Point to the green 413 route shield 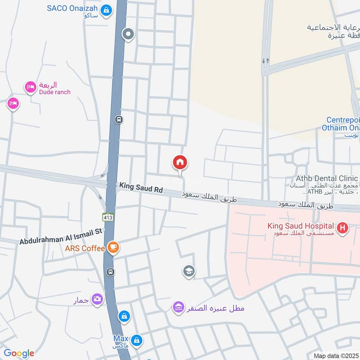pyautogui.click(x=108, y=217)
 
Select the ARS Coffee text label pyautogui.click(x=85, y=248)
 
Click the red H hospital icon pyautogui.click(x=343, y=228)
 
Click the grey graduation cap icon pyautogui.click(x=189, y=271)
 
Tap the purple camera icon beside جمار pyautogui.click(x=97, y=298)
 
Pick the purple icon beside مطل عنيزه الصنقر pyautogui.click(x=179, y=308)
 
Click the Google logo pyautogui.click(x=18, y=353)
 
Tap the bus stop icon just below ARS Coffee pyautogui.click(x=110, y=272)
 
